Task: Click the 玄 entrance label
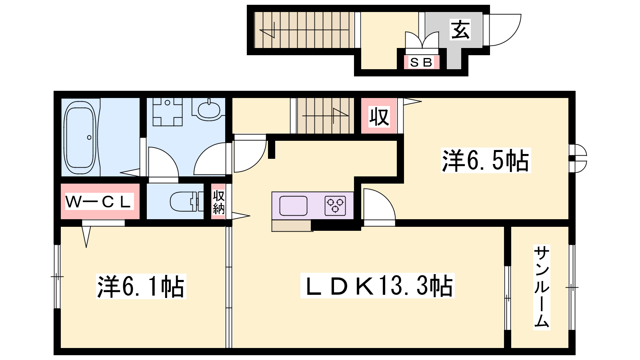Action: [x=460, y=30]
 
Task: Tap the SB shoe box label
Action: [x=421, y=62]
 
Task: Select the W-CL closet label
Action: [x=99, y=202]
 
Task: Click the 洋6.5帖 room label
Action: [x=486, y=160]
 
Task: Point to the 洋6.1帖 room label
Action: [x=141, y=286]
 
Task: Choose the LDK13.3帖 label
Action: [x=377, y=286]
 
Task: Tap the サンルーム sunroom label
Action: [x=542, y=287]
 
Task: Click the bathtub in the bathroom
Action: [x=80, y=138]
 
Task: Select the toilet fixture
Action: [x=187, y=201]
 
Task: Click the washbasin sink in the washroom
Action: [x=209, y=110]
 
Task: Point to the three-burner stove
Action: [x=335, y=206]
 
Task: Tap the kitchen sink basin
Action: [x=294, y=206]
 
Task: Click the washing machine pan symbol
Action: [x=168, y=112]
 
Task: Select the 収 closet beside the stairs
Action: [x=379, y=116]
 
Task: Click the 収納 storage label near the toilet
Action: [x=218, y=202]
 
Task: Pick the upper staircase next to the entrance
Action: [x=304, y=30]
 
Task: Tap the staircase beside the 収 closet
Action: [x=326, y=116]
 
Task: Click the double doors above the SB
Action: [x=422, y=40]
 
